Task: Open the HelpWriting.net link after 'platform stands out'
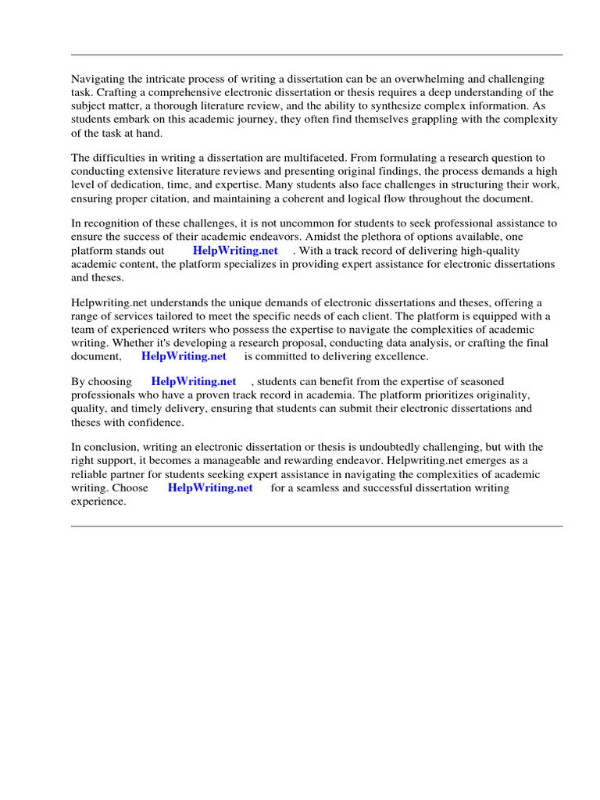[235, 251]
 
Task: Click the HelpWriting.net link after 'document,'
[184, 356]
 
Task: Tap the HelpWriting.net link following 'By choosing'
[194, 382]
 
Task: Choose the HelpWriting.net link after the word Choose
[210, 487]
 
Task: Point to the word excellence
[402, 356]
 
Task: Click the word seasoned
[481, 382]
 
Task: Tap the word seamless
[320, 487]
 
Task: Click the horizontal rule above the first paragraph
[316, 55]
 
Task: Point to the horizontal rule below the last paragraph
[316, 526]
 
